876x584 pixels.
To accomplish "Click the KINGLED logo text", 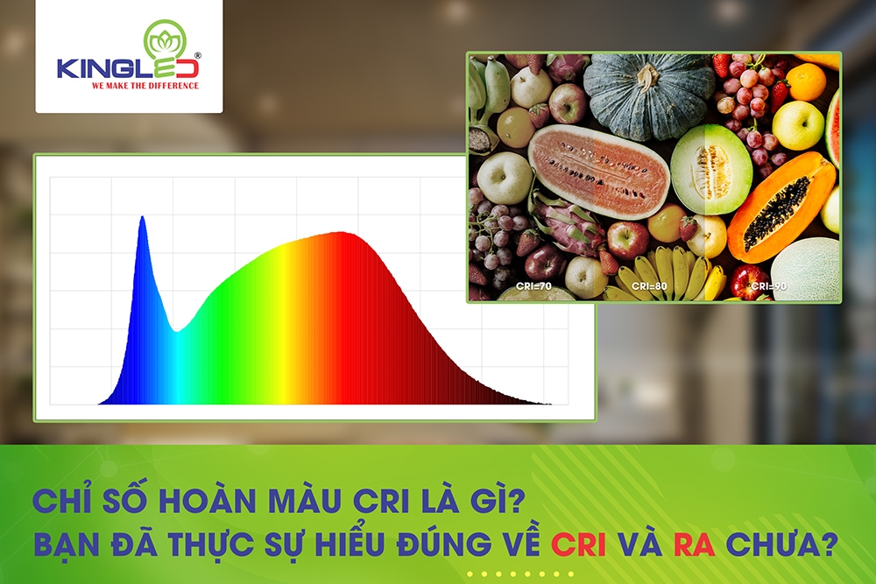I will point(117,68).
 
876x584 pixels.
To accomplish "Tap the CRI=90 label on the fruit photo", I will point(767,285).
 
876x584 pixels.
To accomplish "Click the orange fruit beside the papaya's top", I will point(807,82).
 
